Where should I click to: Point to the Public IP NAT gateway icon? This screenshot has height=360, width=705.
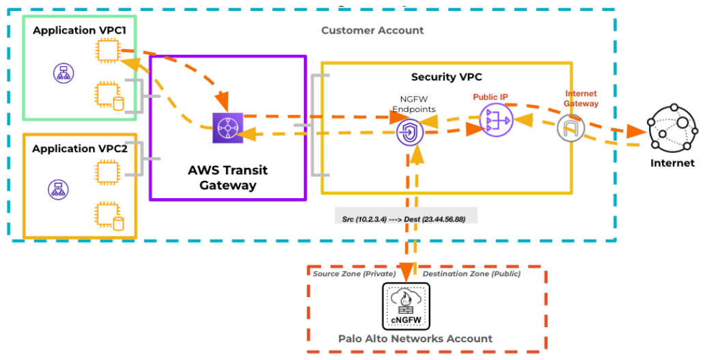coord(494,119)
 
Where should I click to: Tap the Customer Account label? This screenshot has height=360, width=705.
coord(372,31)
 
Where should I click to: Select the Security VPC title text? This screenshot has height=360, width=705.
coord(446,77)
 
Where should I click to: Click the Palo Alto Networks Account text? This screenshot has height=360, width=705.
coord(415,339)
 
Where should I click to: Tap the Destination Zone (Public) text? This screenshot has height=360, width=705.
coord(471,274)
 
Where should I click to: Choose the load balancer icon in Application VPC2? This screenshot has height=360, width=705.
coord(57,189)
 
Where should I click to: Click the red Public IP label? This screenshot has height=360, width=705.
coord(490,97)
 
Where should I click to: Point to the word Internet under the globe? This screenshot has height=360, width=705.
coord(672,163)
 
